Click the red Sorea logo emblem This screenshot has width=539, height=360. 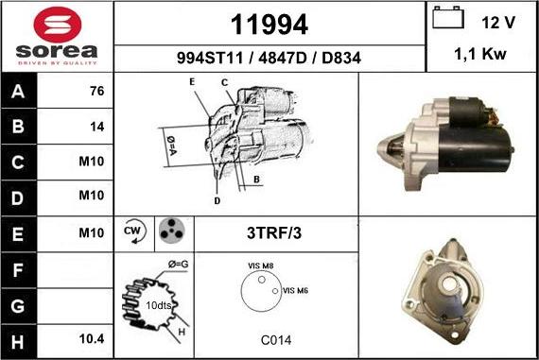coord(58,26)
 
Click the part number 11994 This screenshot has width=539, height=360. coord(269,25)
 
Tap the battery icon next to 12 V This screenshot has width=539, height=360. coord(448,17)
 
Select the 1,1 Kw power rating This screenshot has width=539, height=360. coord(480,54)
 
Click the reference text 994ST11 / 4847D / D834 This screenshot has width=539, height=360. coord(269,58)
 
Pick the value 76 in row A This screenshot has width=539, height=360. coord(97,91)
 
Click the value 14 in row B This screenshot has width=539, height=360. coord(97,127)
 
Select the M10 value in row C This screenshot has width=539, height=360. coord(92,162)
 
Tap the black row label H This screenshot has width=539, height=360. coord(18,342)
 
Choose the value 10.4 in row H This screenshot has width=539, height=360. coord(92,339)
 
